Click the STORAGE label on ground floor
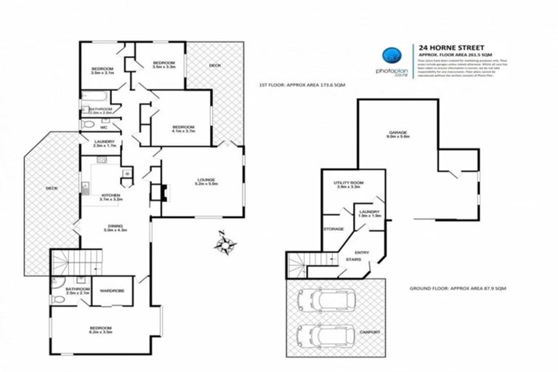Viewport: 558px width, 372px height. click(333, 229)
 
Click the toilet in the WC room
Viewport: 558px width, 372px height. click(86, 125)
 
